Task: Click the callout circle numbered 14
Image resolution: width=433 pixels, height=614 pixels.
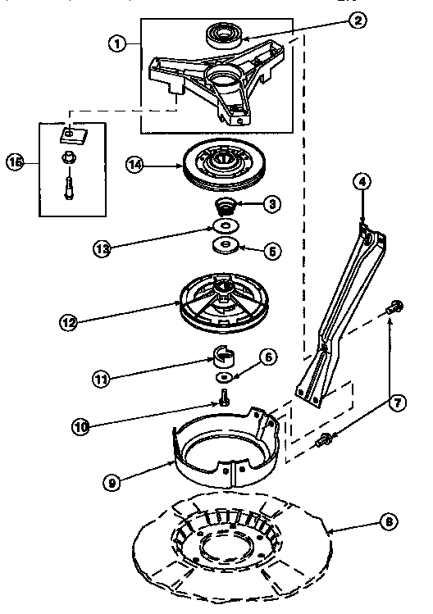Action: click(x=136, y=164)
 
